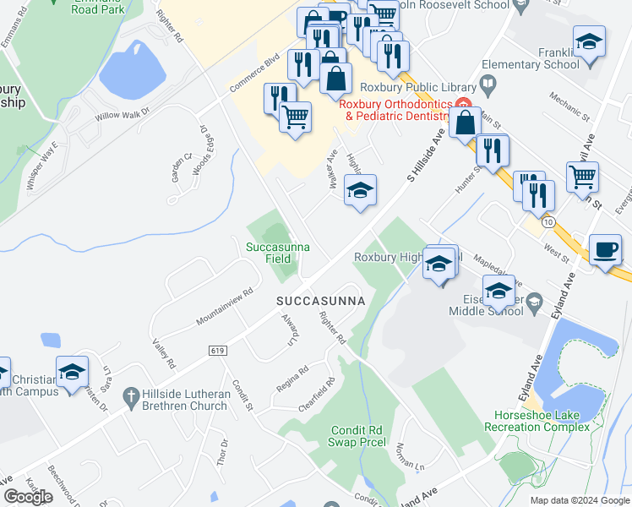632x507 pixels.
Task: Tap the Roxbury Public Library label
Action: pos(409,85)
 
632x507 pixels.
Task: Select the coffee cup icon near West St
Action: pos(604,249)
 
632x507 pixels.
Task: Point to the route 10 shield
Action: pos(549,222)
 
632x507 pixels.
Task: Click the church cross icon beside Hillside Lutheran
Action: pos(129,395)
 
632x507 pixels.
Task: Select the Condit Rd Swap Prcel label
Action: pos(358,435)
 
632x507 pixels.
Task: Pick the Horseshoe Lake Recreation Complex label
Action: pos(537,422)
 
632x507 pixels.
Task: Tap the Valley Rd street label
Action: pos(163,353)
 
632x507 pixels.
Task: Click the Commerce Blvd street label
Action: pos(253,75)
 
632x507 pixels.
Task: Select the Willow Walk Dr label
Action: pos(122,112)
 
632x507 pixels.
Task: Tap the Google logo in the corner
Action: pos(28,497)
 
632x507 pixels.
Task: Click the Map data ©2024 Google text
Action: pos(579,500)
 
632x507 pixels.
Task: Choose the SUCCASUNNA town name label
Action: pos(320,301)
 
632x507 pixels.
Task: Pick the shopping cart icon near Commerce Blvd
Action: pos(295,117)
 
